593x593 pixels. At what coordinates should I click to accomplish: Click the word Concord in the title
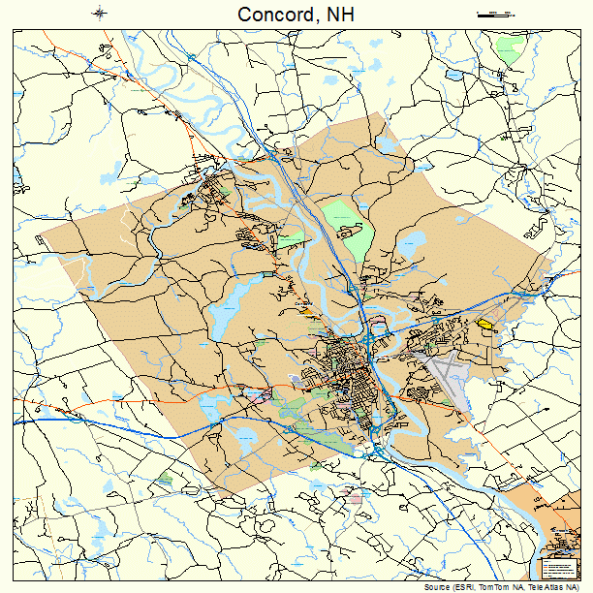point(271,14)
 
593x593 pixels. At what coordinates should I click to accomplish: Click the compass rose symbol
point(100,13)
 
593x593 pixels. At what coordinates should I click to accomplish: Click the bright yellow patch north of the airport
point(484,325)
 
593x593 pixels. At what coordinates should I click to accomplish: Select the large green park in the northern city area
point(347,223)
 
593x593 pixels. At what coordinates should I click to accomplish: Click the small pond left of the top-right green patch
point(453,75)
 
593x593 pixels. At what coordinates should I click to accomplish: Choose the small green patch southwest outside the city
point(165,479)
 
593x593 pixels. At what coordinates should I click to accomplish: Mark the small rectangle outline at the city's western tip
point(40,237)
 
